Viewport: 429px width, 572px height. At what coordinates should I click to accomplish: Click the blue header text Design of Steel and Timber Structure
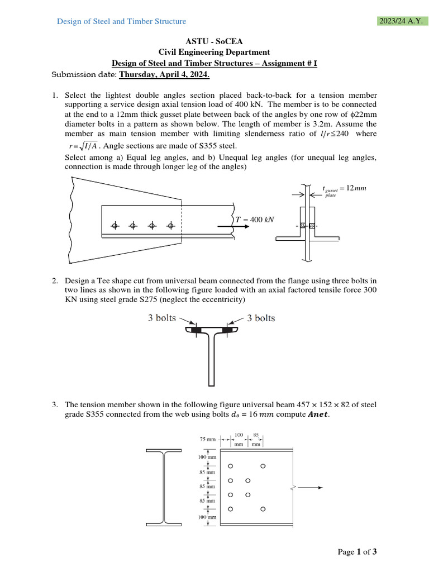coord(122,21)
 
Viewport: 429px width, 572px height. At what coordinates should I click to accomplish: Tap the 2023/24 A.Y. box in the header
coord(401,21)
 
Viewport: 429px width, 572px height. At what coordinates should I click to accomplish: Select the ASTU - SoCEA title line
coord(215,42)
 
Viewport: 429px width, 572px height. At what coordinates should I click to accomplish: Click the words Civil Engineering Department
coord(215,53)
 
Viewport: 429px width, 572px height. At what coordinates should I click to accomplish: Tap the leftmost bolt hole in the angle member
coord(115,226)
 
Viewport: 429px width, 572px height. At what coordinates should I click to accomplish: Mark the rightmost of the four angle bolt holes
coord(171,226)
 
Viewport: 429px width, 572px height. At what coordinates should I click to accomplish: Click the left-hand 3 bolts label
coord(162,318)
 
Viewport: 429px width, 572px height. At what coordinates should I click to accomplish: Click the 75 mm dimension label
coord(207,440)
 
